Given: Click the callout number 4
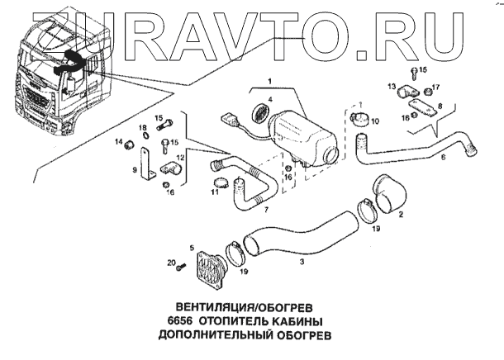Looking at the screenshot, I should [269, 99].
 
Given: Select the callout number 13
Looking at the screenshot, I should [392, 86].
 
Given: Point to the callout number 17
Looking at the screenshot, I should [436, 87].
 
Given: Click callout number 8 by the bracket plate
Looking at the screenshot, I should [440, 106].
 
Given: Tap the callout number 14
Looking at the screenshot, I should [118, 144].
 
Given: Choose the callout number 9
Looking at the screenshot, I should [135, 169].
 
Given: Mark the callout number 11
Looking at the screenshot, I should [213, 192].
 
